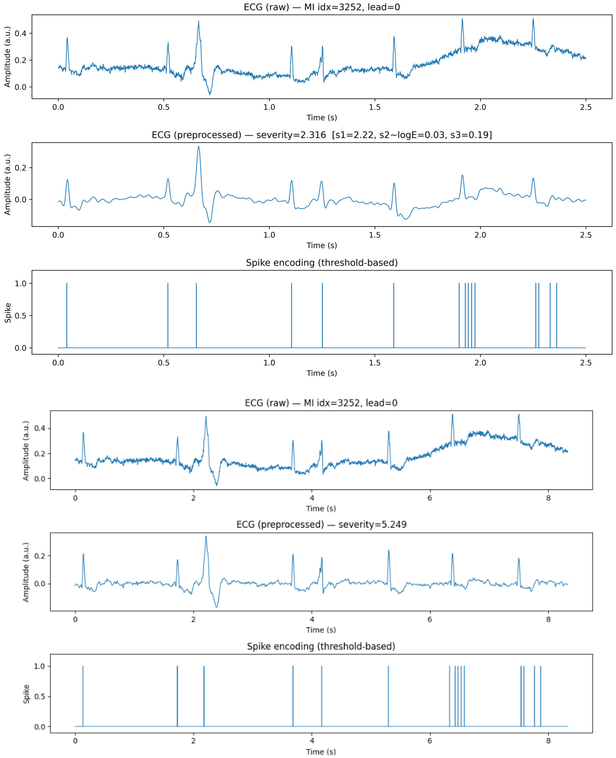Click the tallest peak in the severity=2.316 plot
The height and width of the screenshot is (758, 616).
point(199,147)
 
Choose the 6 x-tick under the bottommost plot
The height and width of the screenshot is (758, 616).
point(430,741)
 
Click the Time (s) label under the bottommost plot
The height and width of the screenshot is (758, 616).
point(321,752)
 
